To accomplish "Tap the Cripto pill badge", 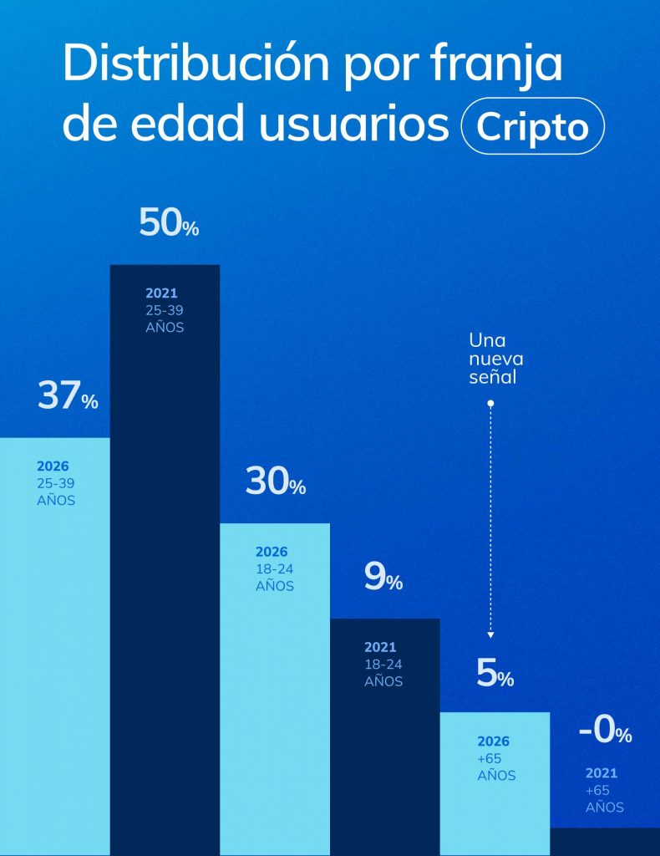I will click(532, 127).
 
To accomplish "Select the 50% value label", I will click(168, 224).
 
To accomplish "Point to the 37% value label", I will click(68, 397).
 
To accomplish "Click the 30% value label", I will click(275, 482).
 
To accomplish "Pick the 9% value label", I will click(383, 578).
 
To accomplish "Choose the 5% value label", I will click(495, 675).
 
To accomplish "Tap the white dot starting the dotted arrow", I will click(490, 403).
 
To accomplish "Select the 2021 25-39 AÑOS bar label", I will click(165, 310).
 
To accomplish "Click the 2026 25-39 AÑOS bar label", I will click(56, 483).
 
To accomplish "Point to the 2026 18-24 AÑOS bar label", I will click(275, 569).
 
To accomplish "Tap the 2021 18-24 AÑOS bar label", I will click(383, 665).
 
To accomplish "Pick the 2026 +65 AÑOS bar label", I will click(496, 758).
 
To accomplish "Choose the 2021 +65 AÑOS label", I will click(604, 790).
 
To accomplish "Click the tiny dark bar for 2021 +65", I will click(605, 842).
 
